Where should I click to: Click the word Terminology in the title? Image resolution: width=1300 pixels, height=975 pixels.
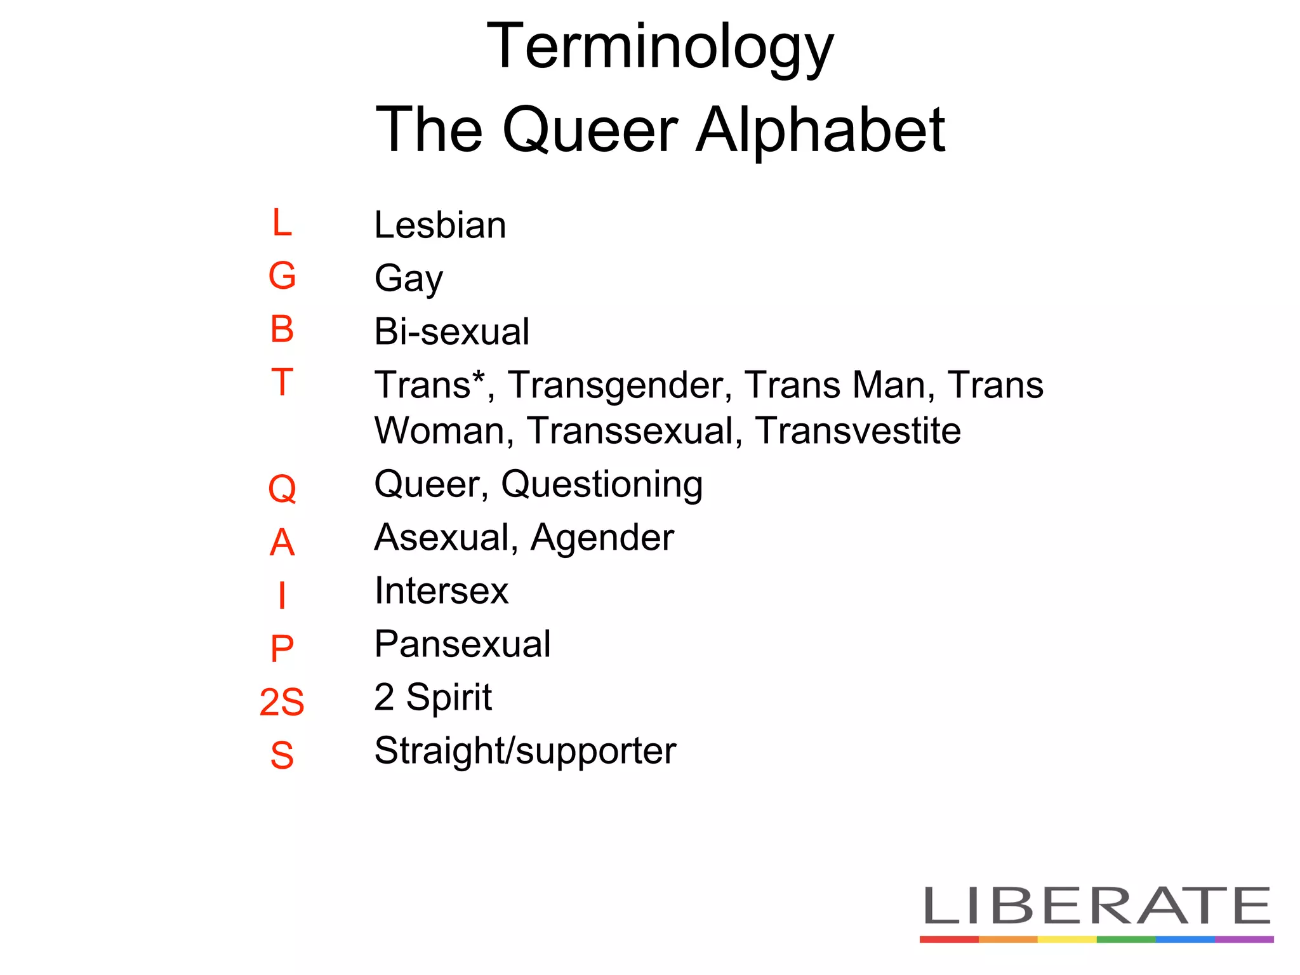click(x=660, y=48)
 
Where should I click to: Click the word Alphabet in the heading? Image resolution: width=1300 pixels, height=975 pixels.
click(x=820, y=130)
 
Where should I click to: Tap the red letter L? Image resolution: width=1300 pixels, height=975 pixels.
click(x=282, y=223)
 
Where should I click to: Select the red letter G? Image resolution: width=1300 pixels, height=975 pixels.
click(x=282, y=276)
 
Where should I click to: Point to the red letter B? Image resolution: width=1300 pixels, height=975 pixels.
click(x=282, y=329)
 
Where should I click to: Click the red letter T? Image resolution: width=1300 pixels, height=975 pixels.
click(x=282, y=382)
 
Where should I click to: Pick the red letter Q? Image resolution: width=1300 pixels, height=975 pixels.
click(x=282, y=489)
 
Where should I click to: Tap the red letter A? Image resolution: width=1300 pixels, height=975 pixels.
click(x=282, y=543)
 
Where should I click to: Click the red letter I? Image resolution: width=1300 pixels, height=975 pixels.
click(x=282, y=595)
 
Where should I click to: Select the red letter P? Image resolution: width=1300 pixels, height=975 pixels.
click(x=282, y=649)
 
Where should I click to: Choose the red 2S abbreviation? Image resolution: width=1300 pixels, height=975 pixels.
click(x=282, y=702)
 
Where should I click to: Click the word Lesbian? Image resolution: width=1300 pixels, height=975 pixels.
click(x=440, y=225)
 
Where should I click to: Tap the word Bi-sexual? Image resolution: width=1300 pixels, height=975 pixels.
click(x=451, y=331)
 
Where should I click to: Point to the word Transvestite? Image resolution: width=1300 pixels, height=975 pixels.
click(x=858, y=431)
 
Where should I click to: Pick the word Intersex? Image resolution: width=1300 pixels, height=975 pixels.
click(x=441, y=591)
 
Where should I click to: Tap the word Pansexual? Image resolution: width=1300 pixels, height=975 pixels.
click(x=462, y=644)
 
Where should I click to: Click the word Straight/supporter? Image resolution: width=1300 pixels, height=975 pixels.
click(x=525, y=752)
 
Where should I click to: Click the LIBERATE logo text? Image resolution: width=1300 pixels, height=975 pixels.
click(x=1096, y=906)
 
